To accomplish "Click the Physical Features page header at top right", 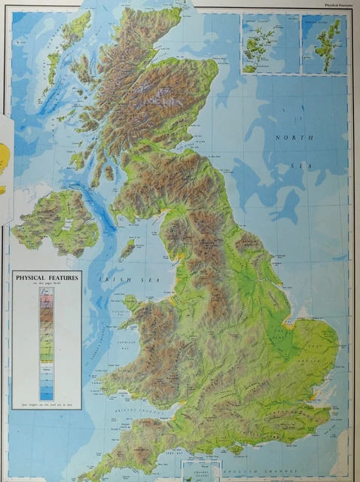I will [x=338, y=5].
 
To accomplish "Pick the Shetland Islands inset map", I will [x=325, y=43].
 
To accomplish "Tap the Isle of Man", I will [x=129, y=248].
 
